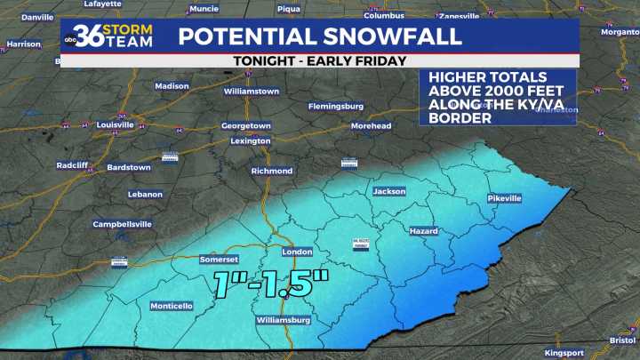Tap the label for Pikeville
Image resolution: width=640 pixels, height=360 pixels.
pyautogui.click(x=504, y=198)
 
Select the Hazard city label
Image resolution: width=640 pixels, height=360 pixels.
pyautogui.click(x=423, y=231)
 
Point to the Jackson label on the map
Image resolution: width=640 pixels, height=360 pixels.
pyautogui.click(x=388, y=191)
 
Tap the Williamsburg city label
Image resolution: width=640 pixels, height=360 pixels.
pyautogui.click(x=283, y=318)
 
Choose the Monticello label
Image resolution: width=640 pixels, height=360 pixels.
pyautogui.click(x=171, y=306)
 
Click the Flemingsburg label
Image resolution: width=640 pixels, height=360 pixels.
pyautogui.click(x=335, y=106)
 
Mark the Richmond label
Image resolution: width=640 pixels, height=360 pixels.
pyautogui.click(x=271, y=171)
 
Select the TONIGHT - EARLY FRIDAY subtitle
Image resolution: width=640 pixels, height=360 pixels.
pyautogui.click(x=319, y=60)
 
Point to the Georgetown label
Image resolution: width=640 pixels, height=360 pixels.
pyautogui.click(x=245, y=126)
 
